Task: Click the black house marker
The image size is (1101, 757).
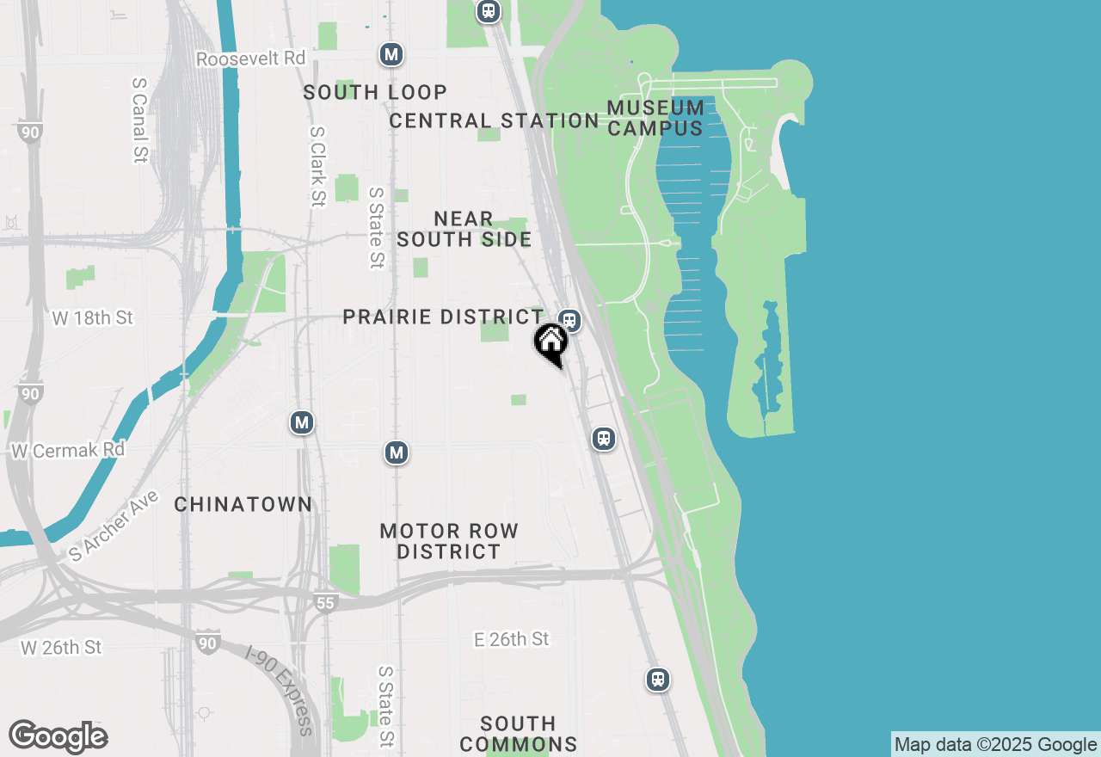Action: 550,342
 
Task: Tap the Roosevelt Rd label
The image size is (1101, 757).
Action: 251,58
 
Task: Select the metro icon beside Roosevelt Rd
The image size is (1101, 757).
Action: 391,54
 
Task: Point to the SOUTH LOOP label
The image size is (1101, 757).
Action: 375,92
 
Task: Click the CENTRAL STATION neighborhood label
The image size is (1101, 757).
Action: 494,120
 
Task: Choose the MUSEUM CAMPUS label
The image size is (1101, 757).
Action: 655,118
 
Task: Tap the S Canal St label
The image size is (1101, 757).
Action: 140,120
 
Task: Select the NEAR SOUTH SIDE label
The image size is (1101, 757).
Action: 464,229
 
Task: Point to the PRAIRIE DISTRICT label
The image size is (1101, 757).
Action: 444,317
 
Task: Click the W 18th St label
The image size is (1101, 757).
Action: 93,317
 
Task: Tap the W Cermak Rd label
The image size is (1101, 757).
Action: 68,450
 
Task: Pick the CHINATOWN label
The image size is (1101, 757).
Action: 243,504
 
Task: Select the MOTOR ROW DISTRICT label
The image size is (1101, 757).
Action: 449,541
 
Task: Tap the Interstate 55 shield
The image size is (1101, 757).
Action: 325,603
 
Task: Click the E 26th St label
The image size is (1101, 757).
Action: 512,638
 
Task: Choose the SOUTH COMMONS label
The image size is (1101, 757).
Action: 518,733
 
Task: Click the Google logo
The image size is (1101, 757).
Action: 58,736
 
